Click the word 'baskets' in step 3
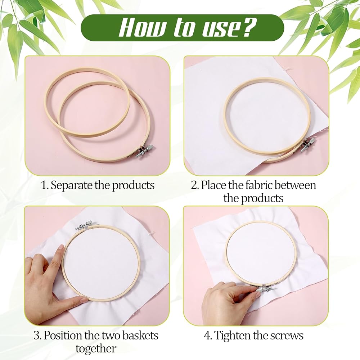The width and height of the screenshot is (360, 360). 140,336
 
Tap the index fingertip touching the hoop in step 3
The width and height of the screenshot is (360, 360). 61,248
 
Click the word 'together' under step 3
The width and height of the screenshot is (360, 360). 96,349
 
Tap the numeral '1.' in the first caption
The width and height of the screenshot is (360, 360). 45,185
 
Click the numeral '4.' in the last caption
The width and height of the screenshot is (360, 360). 208,336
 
